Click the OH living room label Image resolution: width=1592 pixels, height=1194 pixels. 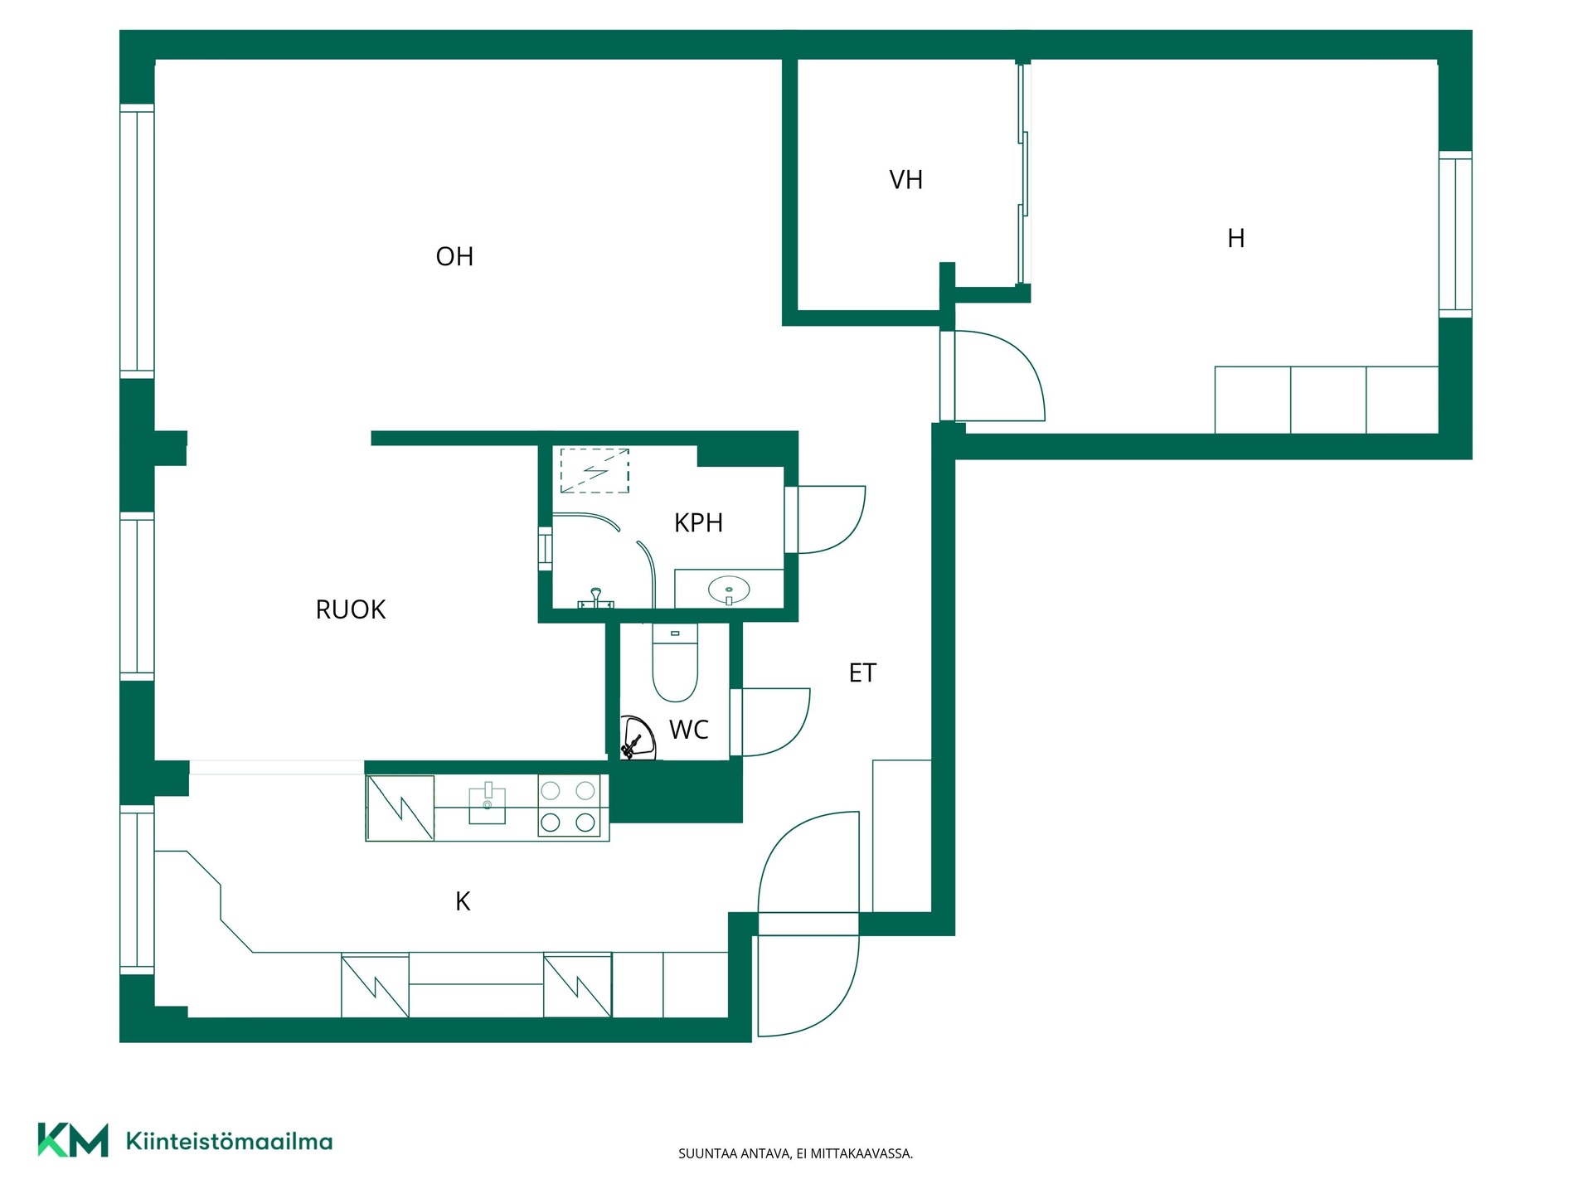pyautogui.click(x=454, y=256)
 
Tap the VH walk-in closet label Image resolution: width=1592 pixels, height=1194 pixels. pyautogui.click(x=905, y=180)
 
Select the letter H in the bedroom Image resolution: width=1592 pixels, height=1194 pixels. pyautogui.click(x=1235, y=239)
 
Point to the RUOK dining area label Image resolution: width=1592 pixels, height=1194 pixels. pyautogui.click(x=351, y=609)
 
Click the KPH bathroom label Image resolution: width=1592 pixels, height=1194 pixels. pyautogui.click(x=698, y=522)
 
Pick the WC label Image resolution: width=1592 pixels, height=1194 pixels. pyautogui.click(x=688, y=730)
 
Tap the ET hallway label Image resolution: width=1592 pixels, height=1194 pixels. pyautogui.click(x=862, y=672)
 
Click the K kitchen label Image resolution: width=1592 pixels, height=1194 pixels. pyautogui.click(x=463, y=901)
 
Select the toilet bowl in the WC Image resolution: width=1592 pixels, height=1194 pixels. pyautogui.click(x=675, y=663)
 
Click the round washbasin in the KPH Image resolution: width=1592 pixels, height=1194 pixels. pyautogui.click(x=729, y=590)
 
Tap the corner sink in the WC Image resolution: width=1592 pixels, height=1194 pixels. pyautogui.click(x=637, y=738)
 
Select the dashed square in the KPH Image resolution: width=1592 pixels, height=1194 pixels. pyautogui.click(x=595, y=471)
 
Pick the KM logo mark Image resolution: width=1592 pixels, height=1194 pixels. pyautogui.click(x=73, y=1140)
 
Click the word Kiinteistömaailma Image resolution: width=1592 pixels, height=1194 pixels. pyautogui.click(x=229, y=1141)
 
